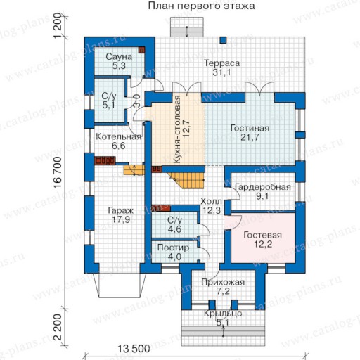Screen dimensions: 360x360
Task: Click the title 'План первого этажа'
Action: point(201,6)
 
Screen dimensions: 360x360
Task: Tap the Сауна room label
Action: point(119,56)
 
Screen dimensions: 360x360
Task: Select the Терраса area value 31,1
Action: point(221,72)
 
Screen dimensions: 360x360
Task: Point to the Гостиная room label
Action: point(250,128)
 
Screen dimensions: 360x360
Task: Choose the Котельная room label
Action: point(119,136)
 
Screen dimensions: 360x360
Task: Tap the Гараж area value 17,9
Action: point(121,220)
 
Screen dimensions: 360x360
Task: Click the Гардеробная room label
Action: point(263,187)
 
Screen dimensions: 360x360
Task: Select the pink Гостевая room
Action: point(263,238)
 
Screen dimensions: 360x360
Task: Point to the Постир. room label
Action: point(174,247)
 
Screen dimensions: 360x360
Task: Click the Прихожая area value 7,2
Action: point(223,291)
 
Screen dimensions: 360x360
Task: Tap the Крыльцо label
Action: point(223,314)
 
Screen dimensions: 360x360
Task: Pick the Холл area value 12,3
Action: point(212,210)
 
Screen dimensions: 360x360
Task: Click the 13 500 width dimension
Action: point(134,349)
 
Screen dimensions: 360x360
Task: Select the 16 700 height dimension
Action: point(58,172)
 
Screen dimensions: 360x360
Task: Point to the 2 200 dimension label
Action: point(58,327)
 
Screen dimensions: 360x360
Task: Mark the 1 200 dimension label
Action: point(58,25)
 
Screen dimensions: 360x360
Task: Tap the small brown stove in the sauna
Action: point(141,50)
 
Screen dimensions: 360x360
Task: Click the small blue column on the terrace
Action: point(223,40)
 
